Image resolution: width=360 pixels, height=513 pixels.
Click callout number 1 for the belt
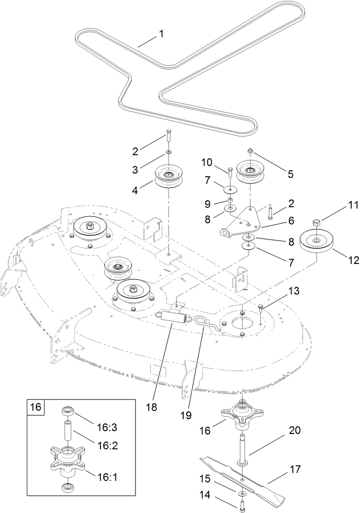pyautogui.click(x=161, y=34)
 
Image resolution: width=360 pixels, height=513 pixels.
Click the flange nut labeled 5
pyautogui.click(x=250, y=151)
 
